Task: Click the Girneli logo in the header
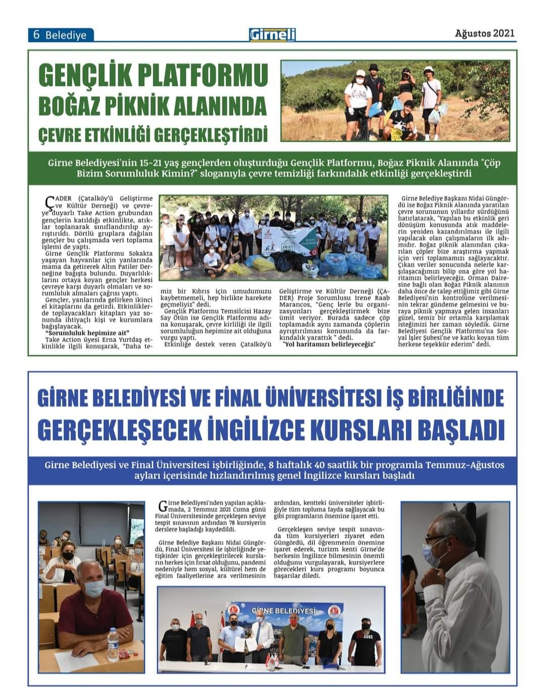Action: pyautogui.click(x=272, y=34)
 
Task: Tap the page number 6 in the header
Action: pyautogui.click(x=36, y=35)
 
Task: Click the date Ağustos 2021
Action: pyautogui.click(x=484, y=33)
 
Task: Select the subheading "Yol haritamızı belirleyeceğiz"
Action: pyautogui.click(x=330, y=344)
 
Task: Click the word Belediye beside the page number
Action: pyautogui.click(x=66, y=35)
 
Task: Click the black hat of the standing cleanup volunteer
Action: pyautogui.click(x=374, y=67)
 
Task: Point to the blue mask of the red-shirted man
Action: pyautogui.click(x=94, y=588)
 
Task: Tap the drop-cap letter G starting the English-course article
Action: pyautogui.click(x=162, y=506)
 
